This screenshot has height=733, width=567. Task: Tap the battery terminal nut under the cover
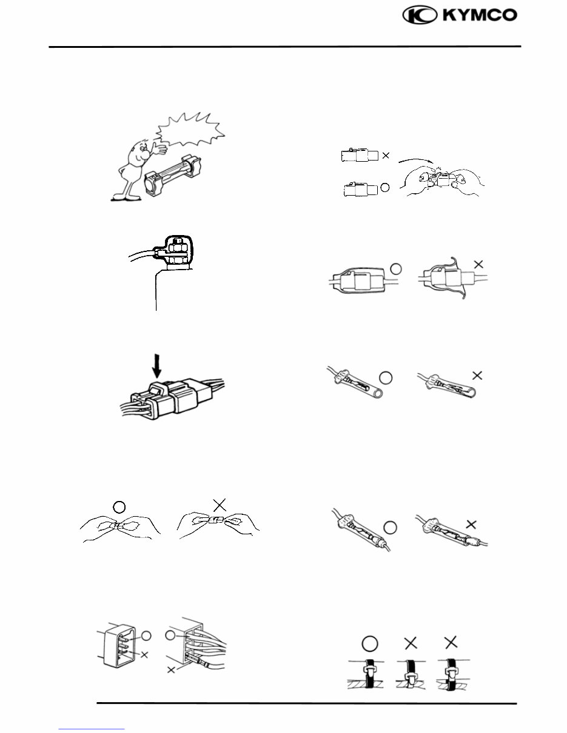point(178,247)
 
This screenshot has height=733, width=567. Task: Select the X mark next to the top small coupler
point(386,156)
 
